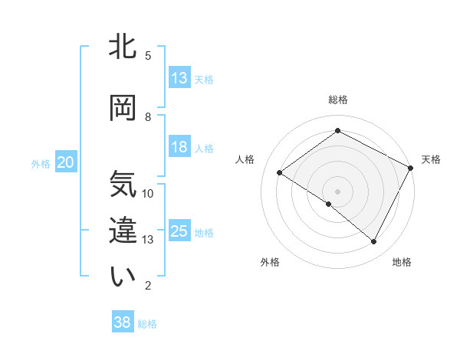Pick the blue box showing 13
179,78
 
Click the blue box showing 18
179,147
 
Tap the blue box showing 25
179,231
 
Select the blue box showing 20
66,162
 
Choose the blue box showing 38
123,322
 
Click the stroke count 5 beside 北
148,55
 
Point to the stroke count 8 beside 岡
148,116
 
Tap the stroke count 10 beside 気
148,193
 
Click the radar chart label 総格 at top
337,100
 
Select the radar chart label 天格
431,159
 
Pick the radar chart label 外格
270,262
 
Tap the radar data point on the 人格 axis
280,173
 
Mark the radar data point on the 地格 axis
374,242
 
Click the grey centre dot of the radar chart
337,191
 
